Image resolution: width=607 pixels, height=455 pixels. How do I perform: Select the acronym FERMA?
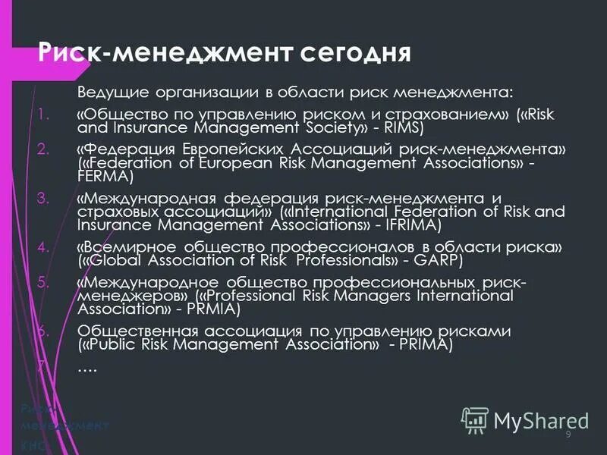105,177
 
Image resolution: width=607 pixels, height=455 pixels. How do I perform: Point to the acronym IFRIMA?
410,225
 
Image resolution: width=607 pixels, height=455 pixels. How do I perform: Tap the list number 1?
42,115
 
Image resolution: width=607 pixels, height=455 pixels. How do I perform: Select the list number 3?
42,199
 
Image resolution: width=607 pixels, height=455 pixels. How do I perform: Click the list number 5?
42,282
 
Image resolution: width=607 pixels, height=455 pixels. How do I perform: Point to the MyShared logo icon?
476,419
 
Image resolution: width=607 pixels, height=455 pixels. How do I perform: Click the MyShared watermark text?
541,419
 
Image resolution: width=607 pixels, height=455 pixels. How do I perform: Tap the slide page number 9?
568,434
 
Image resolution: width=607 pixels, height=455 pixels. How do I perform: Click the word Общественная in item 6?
138,331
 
